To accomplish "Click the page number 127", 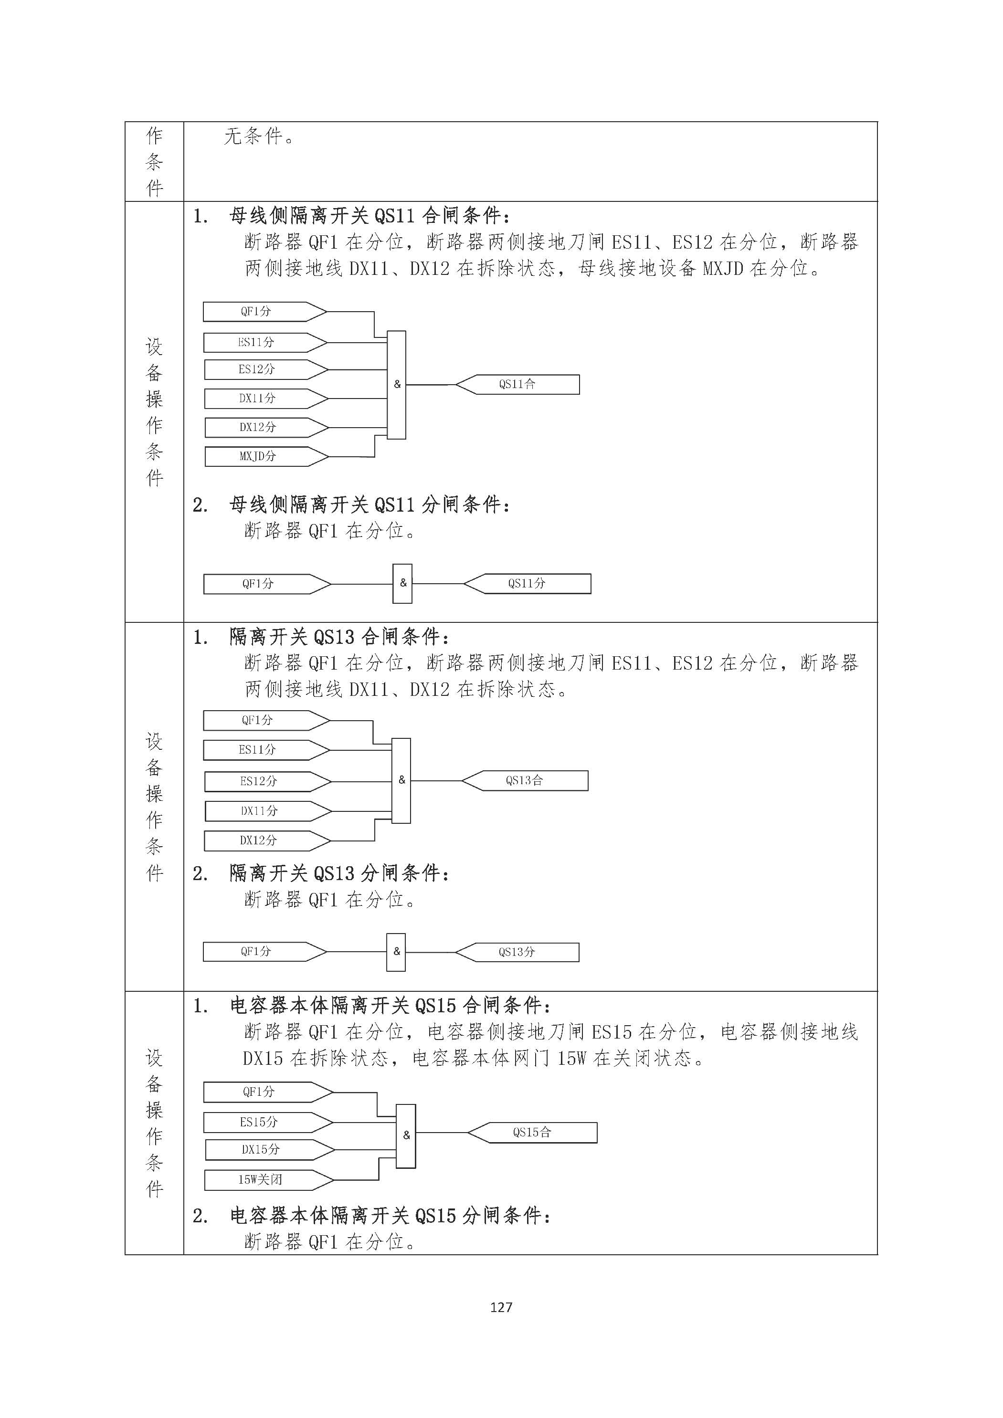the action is pos(501,1307).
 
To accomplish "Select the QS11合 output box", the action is pos(517,384).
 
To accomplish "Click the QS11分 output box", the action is pos(527,584).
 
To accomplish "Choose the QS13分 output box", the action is pos(517,952).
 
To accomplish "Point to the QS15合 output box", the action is pos(532,1133).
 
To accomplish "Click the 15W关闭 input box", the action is pos(269,1180).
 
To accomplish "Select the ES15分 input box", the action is pos(268,1122).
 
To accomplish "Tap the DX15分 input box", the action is pos(270,1149).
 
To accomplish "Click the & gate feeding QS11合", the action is pos(397,385).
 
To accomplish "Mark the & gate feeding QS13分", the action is pos(396,952).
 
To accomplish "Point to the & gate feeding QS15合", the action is pos(406,1135).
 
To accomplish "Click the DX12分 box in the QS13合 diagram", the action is pos(267,840).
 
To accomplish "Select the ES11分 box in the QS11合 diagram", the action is pos(265,342).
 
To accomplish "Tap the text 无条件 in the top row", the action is pos(253,136).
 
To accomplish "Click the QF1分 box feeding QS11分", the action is pos(267,584).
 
